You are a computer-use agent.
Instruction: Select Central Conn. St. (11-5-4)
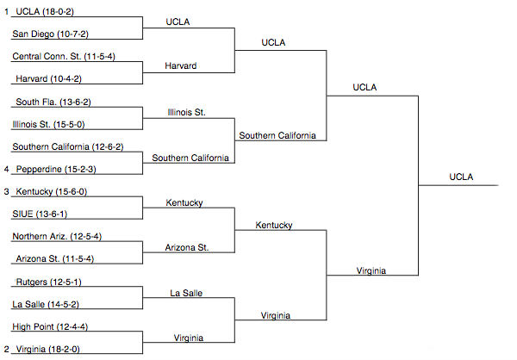click(x=65, y=57)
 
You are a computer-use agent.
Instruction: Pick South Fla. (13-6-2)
click(x=52, y=102)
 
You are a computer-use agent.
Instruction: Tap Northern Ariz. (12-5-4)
click(x=58, y=236)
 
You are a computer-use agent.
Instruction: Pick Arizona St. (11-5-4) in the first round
click(x=54, y=258)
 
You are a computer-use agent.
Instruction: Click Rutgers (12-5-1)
click(x=47, y=282)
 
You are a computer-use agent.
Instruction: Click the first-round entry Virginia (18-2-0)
click(x=51, y=349)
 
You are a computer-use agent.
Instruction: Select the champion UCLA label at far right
click(x=461, y=177)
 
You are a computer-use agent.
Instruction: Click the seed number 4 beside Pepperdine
click(x=6, y=170)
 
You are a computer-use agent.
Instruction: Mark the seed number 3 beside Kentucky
click(x=6, y=191)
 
